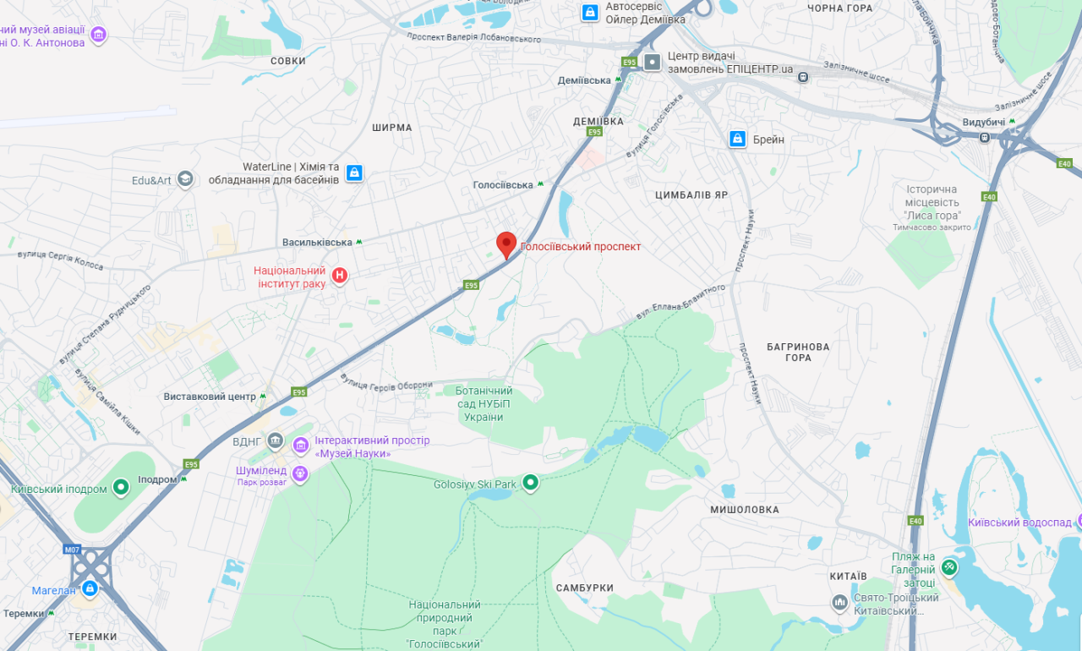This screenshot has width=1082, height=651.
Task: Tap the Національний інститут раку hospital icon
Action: (x=340, y=276)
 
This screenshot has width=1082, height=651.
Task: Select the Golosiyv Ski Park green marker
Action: (x=530, y=483)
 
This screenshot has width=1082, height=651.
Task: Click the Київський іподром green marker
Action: (x=121, y=487)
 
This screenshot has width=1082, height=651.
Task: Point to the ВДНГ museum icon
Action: (x=275, y=440)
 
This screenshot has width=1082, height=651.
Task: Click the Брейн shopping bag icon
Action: (x=738, y=139)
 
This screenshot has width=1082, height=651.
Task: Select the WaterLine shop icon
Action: (x=354, y=173)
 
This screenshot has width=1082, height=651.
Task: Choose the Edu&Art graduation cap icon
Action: (x=185, y=179)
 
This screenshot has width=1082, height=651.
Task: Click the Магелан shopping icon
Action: (x=89, y=588)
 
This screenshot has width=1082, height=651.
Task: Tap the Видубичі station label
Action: (x=983, y=123)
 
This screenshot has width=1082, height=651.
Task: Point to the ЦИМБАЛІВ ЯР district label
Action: (x=691, y=195)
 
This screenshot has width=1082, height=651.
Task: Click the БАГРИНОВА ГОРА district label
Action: (x=798, y=352)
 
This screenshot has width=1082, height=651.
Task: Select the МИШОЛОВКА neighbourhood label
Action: (x=744, y=510)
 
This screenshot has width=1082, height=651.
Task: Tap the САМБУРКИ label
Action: (x=585, y=588)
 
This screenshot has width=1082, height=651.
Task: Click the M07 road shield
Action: (x=72, y=550)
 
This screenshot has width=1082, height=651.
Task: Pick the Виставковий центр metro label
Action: (x=210, y=397)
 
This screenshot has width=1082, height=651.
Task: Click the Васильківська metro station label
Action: (x=317, y=243)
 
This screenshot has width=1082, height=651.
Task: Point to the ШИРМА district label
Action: (x=392, y=128)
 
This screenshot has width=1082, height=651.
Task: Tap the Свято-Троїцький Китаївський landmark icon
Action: (x=839, y=603)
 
